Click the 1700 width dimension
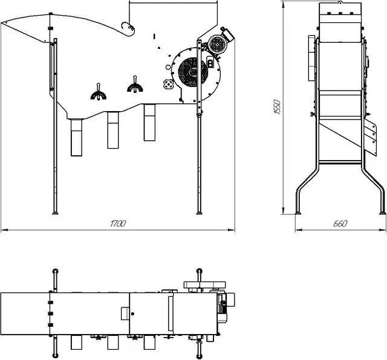point(118,224)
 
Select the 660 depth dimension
point(340,224)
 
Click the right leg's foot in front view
point(199,211)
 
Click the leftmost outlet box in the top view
point(77,342)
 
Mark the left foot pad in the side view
point(299,212)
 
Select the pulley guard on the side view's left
point(312,59)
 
